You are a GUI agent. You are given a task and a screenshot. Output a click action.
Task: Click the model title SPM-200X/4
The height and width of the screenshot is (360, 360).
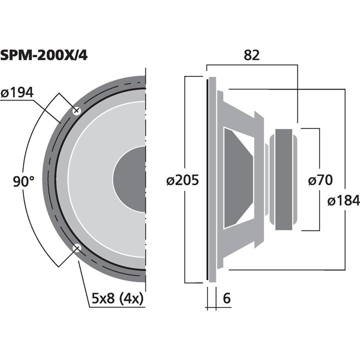[44, 55]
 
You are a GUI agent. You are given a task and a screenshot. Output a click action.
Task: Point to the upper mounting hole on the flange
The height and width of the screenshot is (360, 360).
[77, 111]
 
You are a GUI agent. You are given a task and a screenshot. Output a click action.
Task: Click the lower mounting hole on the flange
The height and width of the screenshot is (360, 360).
[77, 248]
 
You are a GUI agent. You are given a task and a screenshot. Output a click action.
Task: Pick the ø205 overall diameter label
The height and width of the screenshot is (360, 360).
[183, 180]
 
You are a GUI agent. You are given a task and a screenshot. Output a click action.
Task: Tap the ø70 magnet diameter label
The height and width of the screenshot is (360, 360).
[320, 180]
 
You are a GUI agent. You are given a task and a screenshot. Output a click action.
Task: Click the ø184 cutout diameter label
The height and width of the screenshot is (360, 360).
[343, 201]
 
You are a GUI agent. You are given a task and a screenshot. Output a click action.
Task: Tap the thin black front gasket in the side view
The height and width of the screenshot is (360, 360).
[207, 180]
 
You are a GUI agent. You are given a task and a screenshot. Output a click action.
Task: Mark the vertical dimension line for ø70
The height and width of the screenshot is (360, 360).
[319, 150]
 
